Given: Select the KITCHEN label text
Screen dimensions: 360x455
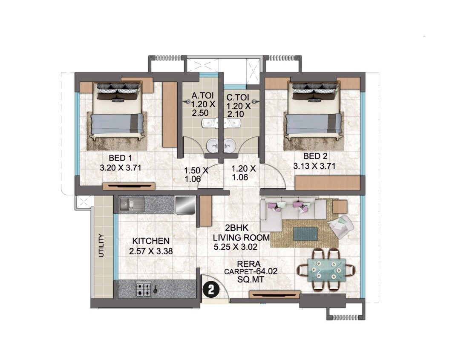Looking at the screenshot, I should coord(150,241).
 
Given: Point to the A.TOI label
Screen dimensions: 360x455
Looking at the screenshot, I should coord(199,95).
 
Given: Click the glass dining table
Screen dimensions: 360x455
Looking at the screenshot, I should coord(326,270).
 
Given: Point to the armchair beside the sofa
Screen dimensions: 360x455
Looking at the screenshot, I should coord(343,228).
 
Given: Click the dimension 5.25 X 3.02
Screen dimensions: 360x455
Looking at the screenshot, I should coord(236,246).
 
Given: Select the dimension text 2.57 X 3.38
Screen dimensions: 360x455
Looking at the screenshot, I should coord(151,251).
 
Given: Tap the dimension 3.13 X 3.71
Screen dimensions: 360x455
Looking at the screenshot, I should coord(314,166).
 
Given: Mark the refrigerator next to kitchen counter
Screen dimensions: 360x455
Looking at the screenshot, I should coord(185,204).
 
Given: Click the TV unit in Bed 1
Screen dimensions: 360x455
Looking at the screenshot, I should coord(128,186).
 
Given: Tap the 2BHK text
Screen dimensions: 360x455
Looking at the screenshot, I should coord(234,228).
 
